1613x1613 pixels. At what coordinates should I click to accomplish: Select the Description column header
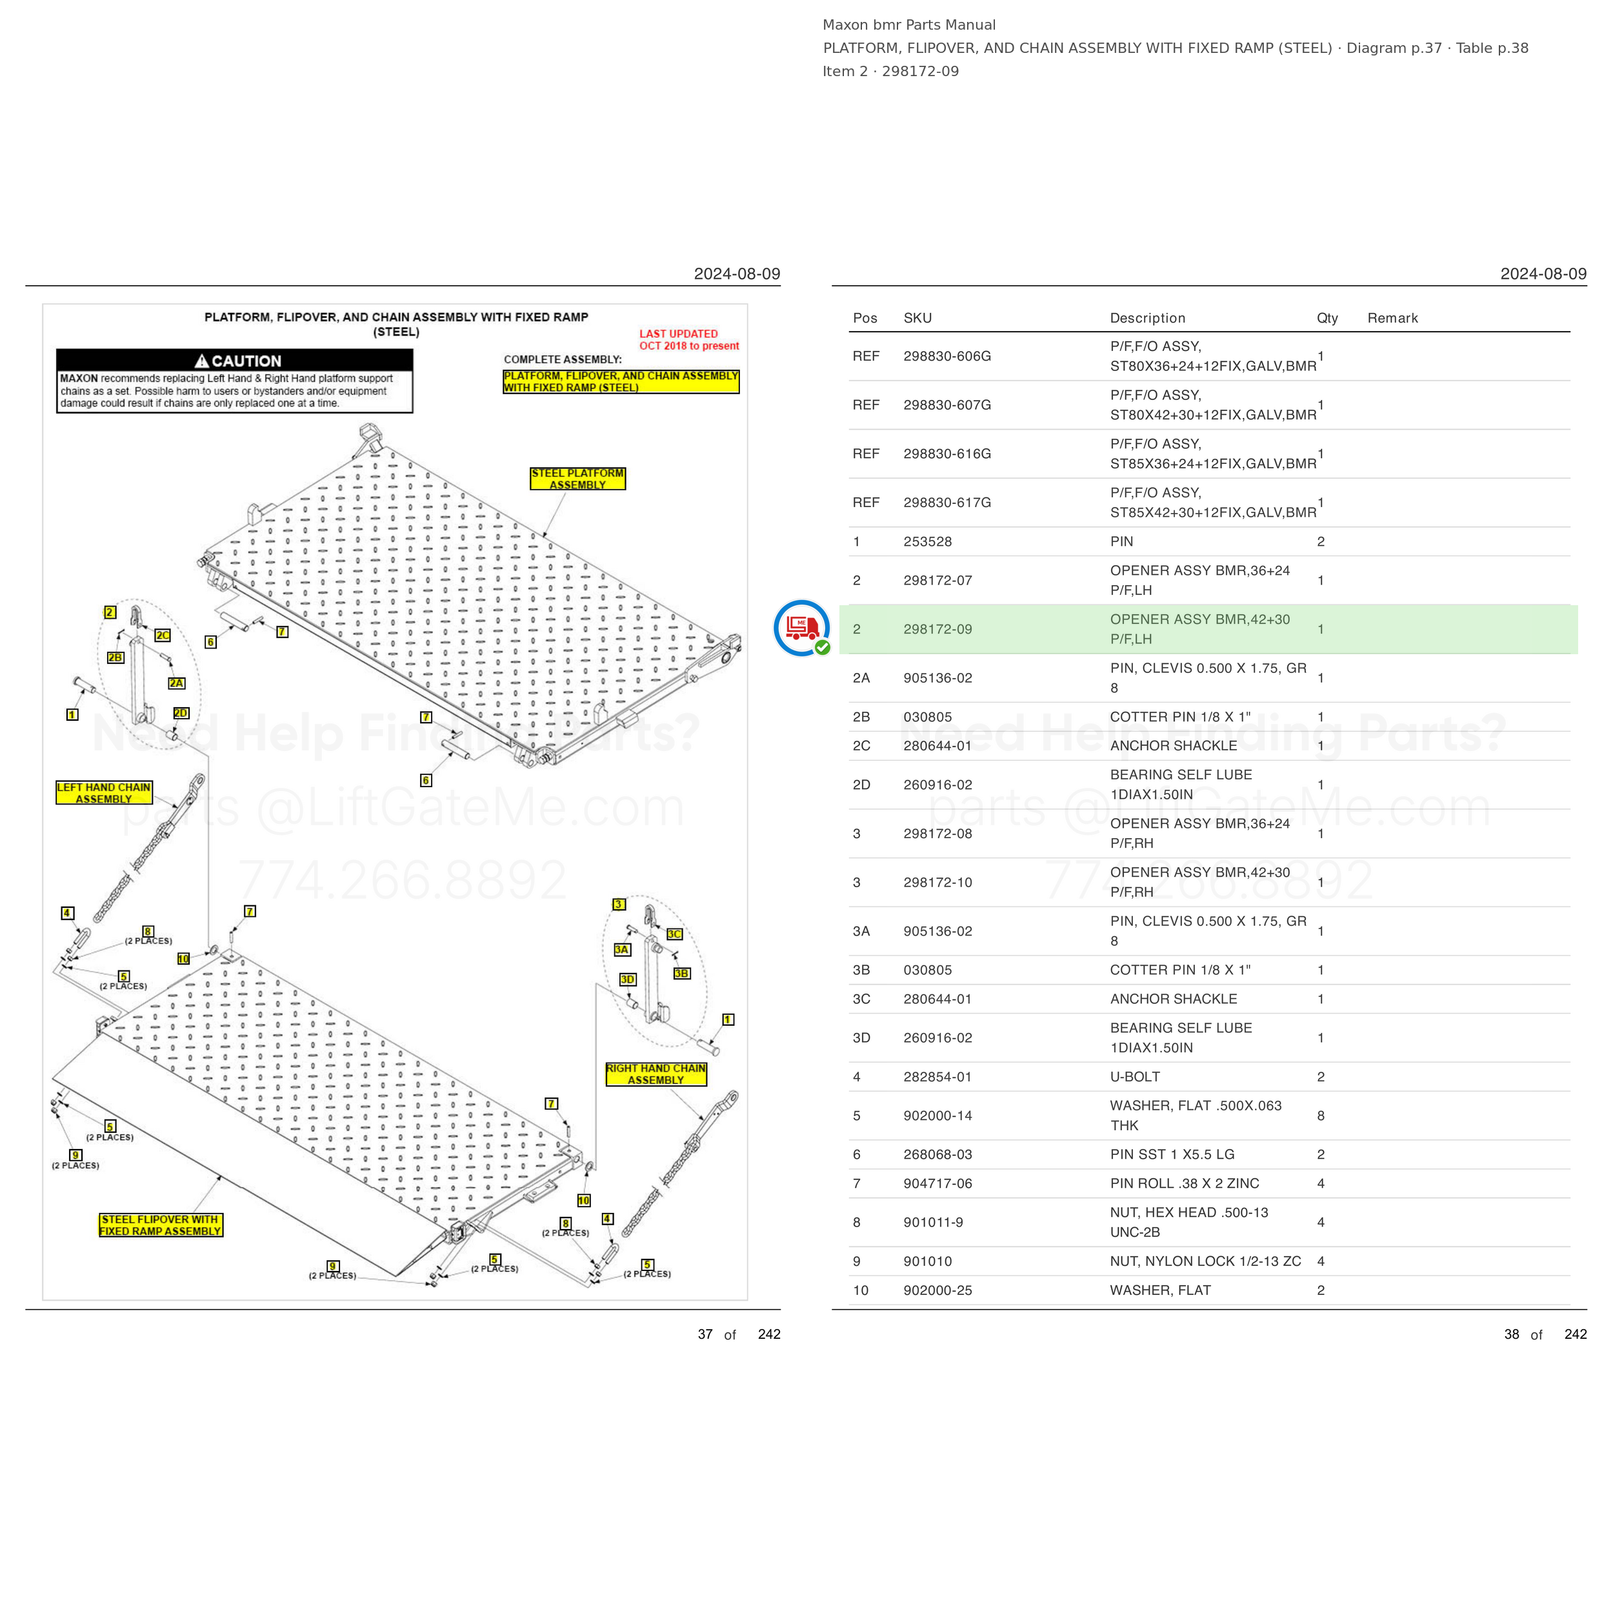click(x=1147, y=318)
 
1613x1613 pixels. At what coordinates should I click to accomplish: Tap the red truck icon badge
click(x=801, y=628)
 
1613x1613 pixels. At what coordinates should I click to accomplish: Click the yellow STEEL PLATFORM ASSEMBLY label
click(x=577, y=478)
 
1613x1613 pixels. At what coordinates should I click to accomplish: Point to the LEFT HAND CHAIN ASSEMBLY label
click(x=103, y=792)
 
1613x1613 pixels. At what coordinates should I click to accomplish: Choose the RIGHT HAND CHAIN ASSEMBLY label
click(x=656, y=1074)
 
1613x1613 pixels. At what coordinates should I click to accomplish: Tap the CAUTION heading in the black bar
click(x=238, y=361)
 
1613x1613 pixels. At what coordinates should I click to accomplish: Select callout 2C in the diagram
click(x=163, y=636)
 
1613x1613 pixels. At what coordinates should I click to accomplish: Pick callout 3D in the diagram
click(x=628, y=979)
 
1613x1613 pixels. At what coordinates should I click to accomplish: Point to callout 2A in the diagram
click(x=176, y=683)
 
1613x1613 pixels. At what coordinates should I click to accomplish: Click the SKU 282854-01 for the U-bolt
click(x=937, y=1077)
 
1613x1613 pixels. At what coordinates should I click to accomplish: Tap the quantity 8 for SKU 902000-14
click(x=1321, y=1116)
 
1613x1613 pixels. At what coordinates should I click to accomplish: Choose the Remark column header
click(x=1392, y=318)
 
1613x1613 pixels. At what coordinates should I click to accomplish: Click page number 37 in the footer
click(x=705, y=1334)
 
